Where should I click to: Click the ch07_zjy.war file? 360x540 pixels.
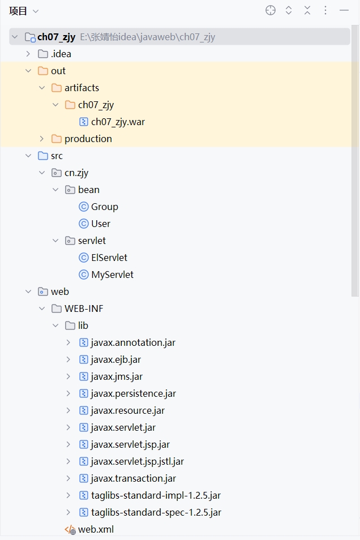coord(118,122)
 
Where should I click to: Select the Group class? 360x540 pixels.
coord(104,207)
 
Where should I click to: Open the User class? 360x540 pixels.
coord(100,224)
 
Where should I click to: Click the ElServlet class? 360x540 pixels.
coord(109,258)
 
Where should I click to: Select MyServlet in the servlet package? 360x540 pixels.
coord(112,275)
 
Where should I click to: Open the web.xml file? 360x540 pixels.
coord(95,529)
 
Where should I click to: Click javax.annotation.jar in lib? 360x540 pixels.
coord(133,342)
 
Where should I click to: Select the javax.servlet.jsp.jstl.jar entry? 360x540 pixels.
coord(137,461)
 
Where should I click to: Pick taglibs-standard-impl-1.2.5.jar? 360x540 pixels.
coord(156,495)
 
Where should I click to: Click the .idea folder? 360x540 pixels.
coord(61,54)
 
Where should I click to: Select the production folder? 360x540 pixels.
coord(88,139)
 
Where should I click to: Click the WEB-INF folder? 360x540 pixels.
coord(84,308)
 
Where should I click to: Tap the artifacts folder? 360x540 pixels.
coord(82,88)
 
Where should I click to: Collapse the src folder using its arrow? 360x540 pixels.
coord(28,156)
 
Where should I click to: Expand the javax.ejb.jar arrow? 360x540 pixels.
coord(68,359)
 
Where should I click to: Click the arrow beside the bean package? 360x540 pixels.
coord(55,190)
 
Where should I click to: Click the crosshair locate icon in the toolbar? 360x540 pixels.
coord(271,10)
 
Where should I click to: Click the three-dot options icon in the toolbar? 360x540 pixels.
coord(325,10)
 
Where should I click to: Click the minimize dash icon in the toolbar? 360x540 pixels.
coord(344,10)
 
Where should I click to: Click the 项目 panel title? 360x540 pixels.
coord(18,11)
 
